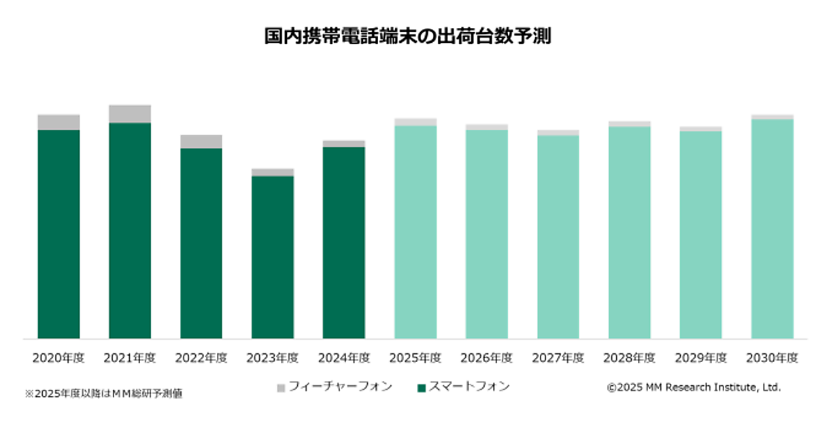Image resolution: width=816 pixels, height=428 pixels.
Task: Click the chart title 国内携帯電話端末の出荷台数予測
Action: click(407, 36)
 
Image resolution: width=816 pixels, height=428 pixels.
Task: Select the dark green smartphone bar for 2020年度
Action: click(58, 234)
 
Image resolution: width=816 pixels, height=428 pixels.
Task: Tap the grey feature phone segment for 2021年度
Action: click(130, 113)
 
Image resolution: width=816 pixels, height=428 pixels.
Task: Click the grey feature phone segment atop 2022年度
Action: click(201, 141)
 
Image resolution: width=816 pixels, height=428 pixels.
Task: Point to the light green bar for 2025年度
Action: click(415, 232)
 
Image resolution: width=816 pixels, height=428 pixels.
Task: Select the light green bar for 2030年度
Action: click(772, 228)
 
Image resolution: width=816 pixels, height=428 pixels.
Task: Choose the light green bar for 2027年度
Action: click(558, 236)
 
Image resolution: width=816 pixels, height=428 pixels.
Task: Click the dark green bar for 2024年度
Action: click(344, 243)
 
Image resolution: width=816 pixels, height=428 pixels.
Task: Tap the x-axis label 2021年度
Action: click(130, 358)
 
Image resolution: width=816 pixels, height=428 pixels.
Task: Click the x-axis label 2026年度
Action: click(487, 358)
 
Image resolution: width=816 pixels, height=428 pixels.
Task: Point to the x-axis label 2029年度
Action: click(701, 358)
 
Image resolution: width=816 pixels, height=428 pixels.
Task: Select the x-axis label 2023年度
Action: click(273, 358)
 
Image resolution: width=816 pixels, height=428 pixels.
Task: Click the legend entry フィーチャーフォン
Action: click(340, 387)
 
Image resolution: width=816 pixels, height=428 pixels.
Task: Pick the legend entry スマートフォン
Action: click(469, 387)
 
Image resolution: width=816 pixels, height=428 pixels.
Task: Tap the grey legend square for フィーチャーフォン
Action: click(281, 388)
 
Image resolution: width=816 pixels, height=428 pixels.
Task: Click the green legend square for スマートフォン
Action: click(422, 388)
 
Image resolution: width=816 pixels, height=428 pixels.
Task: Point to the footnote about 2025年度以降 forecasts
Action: click(103, 393)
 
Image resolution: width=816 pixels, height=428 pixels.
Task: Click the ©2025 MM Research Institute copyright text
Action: click(694, 387)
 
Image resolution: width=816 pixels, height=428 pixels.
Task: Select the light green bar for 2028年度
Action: click(630, 232)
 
